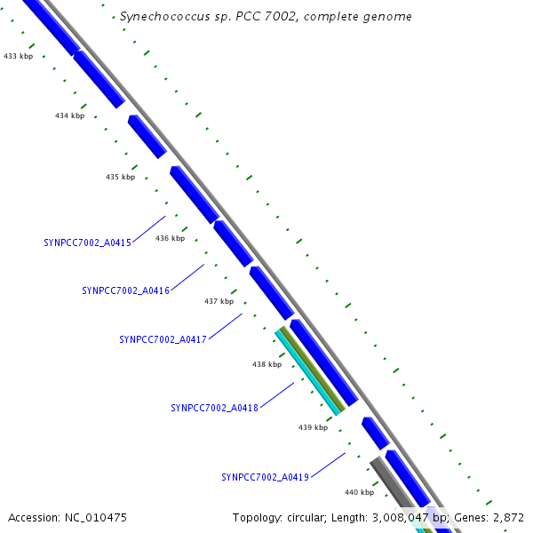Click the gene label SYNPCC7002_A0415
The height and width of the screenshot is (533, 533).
point(87,242)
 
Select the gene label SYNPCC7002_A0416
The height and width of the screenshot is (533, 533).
point(125,290)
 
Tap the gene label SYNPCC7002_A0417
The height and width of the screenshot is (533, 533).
point(163,339)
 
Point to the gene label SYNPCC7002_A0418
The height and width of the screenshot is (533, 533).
point(214,408)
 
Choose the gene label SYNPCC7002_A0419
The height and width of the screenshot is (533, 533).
point(265,477)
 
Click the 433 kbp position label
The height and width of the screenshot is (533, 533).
point(18,56)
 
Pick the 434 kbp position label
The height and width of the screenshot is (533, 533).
point(69,115)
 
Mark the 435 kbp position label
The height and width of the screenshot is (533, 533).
point(120,177)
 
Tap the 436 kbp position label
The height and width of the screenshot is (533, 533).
point(170,238)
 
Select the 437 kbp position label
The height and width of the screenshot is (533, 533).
point(219,301)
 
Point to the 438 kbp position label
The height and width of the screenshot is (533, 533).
point(266,364)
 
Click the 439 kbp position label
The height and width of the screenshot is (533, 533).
point(313,427)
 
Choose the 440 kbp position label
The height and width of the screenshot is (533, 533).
point(359,491)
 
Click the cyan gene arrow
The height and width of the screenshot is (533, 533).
point(309,373)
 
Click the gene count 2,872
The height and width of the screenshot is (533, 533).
point(508,517)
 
